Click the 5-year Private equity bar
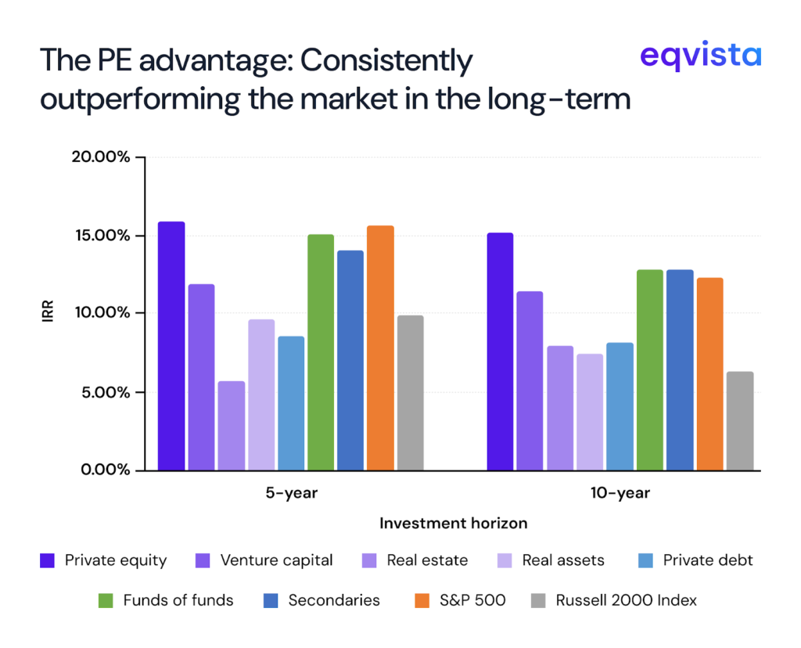pos(171,346)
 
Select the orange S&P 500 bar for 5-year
pos(380,348)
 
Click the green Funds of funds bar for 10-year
pos(649,369)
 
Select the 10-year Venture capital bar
pos(530,380)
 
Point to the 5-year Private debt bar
pos(291,403)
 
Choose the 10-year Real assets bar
pos(590,412)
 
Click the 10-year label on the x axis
pos(620,494)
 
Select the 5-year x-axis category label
pos(291,494)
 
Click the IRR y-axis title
pos(48,314)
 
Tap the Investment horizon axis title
pos(453,523)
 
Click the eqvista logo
pos(699,56)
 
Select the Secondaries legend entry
pos(333,600)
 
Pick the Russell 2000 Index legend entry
pos(626,600)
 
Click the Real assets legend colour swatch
pos(505,560)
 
